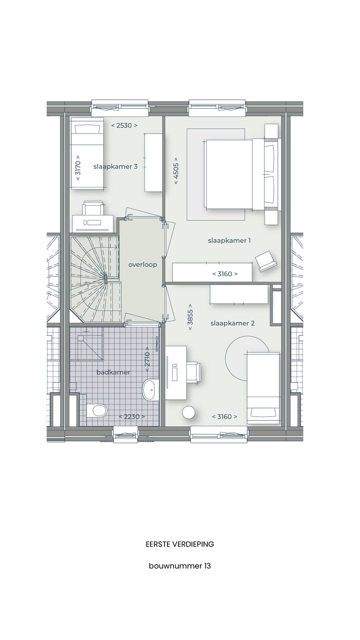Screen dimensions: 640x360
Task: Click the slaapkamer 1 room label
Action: [x=229, y=240]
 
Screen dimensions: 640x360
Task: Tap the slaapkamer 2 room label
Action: [x=232, y=323]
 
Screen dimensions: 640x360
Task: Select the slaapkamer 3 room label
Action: [x=115, y=166]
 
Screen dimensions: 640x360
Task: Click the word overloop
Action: [x=142, y=264]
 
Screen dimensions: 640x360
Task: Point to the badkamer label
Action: [x=113, y=372]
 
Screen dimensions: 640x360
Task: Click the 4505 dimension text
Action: [x=176, y=171]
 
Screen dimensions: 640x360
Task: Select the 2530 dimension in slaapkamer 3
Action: [x=124, y=125]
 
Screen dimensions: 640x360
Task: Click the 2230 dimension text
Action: [x=132, y=416]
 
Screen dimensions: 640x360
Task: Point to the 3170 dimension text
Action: [x=77, y=170]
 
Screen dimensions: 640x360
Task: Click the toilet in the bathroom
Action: [x=98, y=411]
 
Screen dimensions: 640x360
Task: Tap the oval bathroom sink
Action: [x=150, y=389]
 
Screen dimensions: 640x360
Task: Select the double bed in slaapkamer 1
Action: [x=235, y=174]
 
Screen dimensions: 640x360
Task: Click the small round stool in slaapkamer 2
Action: [x=188, y=412]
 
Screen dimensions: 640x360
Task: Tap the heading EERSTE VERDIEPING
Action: [x=179, y=544]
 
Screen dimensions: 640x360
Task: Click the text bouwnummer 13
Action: [x=179, y=566]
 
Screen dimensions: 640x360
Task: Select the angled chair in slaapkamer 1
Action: [x=266, y=261]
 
